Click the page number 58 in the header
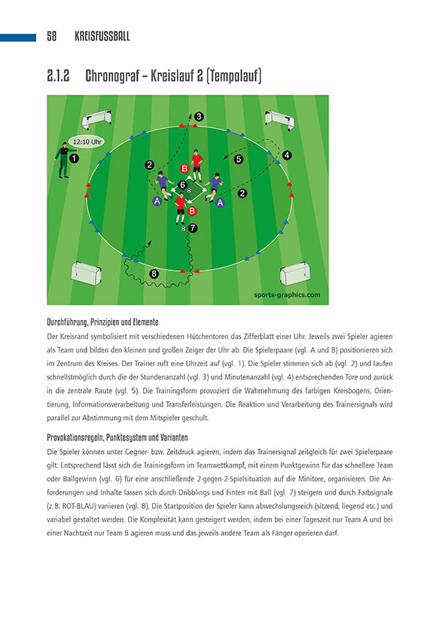[x=52, y=36]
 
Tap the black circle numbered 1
[x=74, y=159]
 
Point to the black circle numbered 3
[x=199, y=116]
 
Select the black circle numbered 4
[x=287, y=155]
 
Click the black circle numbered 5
[x=238, y=160]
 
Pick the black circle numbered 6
[x=183, y=184]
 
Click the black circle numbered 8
[x=155, y=274]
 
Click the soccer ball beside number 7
[x=184, y=227]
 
